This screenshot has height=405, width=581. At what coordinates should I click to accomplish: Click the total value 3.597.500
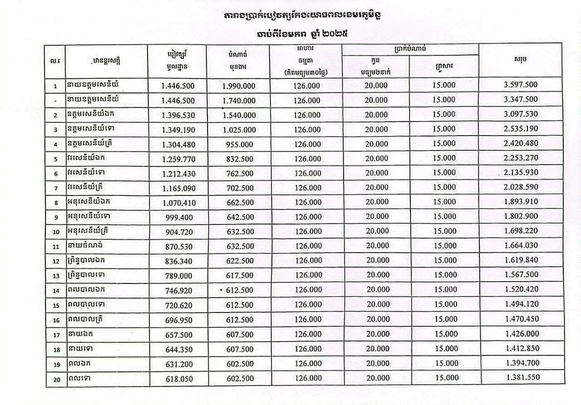pos(521,85)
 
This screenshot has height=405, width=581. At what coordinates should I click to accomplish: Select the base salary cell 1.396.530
pos(178,115)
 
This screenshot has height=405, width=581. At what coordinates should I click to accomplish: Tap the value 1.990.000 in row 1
pos(239,86)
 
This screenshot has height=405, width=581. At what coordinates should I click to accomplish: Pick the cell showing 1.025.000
pos(239,130)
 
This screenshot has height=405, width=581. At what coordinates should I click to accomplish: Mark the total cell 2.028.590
pos(521,187)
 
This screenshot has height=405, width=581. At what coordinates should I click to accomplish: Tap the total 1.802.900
pos(521,216)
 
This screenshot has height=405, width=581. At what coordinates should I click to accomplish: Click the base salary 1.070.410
pos(178,203)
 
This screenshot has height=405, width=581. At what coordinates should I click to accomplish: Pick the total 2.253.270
pos(521,158)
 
